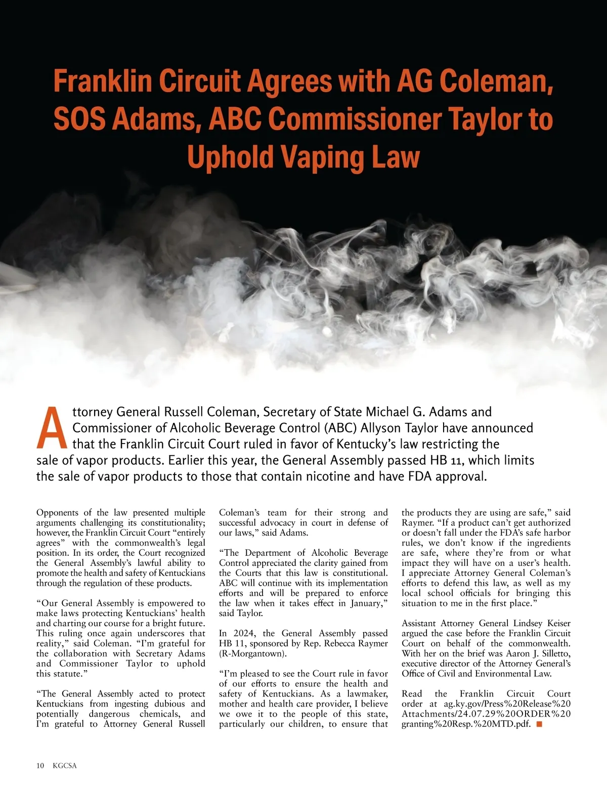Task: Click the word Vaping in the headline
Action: pos(323,157)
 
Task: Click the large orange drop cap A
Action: pos(51,429)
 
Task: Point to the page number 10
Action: pos(40,765)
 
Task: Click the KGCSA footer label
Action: pos(65,765)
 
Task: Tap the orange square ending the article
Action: pos(539,724)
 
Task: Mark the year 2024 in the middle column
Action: pos(246,633)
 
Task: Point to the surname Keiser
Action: pos(556,623)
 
